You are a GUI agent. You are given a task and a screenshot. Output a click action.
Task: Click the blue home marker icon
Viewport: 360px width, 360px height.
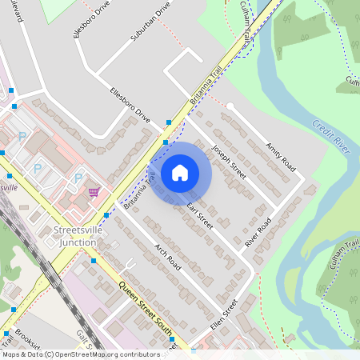[x=180, y=172]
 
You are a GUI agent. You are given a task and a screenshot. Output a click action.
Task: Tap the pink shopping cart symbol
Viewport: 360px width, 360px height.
[x=94, y=192]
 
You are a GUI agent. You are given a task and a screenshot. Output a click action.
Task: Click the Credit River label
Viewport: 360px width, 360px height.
[x=330, y=133]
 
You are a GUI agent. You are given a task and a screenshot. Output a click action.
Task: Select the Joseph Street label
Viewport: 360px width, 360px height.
[x=228, y=160]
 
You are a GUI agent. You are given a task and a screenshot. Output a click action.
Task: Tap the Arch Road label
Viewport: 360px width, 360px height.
[x=169, y=256]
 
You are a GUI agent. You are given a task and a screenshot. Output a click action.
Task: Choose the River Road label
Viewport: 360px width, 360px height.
[x=258, y=232]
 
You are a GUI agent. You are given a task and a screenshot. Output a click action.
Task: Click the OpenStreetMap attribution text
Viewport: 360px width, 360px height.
[x=80, y=354]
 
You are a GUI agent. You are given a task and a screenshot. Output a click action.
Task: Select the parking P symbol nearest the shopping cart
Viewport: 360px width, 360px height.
[x=78, y=178]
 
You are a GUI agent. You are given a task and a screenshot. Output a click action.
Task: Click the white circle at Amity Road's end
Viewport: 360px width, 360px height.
[x=230, y=106]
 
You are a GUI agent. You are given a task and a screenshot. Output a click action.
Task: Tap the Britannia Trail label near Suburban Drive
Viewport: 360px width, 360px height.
[x=206, y=84]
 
